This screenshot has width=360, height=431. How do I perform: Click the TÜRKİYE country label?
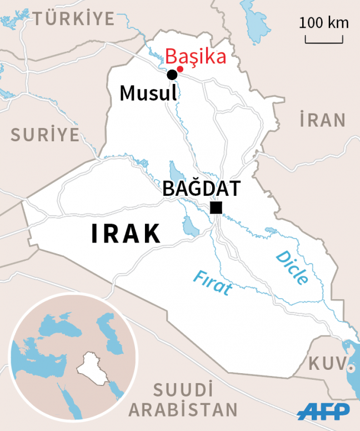74,19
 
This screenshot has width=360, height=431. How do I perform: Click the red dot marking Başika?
180,69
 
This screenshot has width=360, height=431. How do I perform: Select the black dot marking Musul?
172,75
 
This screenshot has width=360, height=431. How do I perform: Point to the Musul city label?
148,93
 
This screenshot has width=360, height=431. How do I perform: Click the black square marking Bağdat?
216,208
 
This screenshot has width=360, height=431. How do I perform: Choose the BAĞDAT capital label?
201,188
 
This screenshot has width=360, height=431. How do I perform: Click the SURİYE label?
46,134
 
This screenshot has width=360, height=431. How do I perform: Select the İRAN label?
322,120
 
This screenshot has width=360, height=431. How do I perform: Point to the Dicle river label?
292,267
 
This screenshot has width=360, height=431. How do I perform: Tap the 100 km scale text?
324,23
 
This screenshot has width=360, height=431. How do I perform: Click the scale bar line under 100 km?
324,41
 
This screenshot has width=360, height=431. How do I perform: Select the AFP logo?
323,412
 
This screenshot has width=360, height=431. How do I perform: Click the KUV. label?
327,364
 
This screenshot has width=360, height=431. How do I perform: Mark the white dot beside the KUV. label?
350,368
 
